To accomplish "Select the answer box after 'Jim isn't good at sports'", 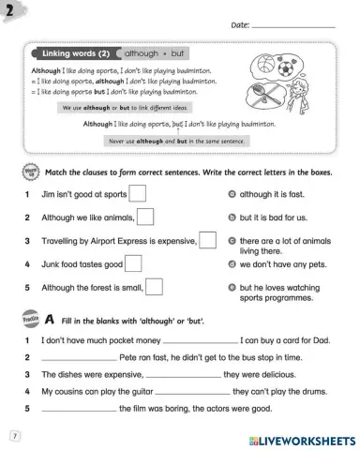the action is [137, 194].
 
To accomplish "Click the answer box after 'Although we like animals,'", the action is [146, 217].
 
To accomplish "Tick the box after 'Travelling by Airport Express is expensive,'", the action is [207, 240].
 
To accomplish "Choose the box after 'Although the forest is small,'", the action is [155, 287].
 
